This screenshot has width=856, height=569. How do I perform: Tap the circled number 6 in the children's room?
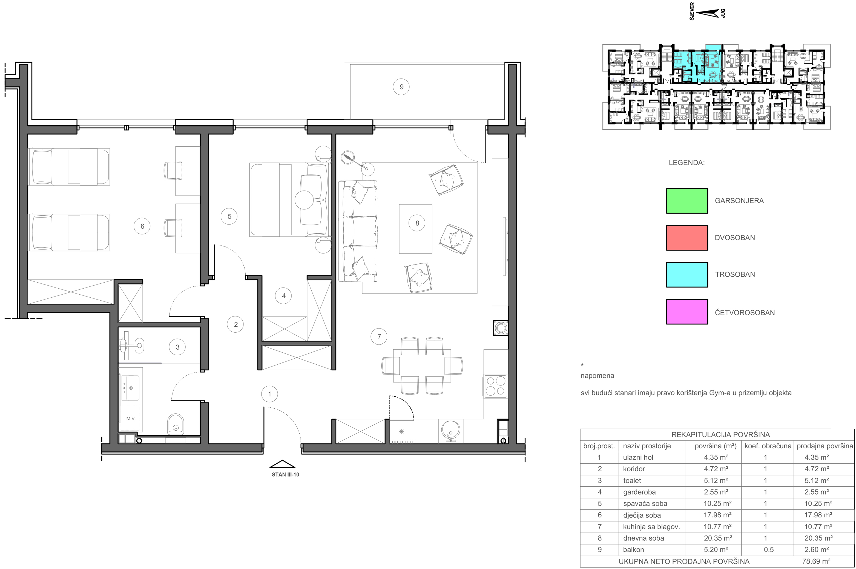pyautogui.click(x=142, y=226)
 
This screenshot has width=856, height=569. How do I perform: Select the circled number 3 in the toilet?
pyautogui.click(x=177, y=347)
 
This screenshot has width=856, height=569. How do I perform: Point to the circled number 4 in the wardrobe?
pyautogui.click(x=284, y=296)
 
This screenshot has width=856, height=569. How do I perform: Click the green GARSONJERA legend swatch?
pyautogui.click(x=687, y=201)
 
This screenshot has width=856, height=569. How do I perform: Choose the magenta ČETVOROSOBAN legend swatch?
pyautogui.click(x=687, y=312)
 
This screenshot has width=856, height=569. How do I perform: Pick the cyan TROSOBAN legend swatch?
pyautogui.click(x=687, y=275)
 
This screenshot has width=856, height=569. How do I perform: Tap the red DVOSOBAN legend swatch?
pyautogui.click(x=687, y=238)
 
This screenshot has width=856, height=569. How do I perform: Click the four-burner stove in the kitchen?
pyautogui.click(x=496, y=386)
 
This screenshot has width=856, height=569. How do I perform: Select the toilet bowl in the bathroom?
pyautogui.click(x=176, y=425)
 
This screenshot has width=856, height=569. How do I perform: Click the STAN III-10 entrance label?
pyautogui.click(x=285, y=475)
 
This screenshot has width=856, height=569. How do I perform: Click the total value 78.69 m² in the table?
pyautogui.click(x=816, y=561)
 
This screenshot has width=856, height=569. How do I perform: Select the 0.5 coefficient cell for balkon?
pyautogui.click(x=768, y=549)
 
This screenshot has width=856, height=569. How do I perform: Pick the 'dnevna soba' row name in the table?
pyautogui.click(x=644, y=538)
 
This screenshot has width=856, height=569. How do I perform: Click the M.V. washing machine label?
pyautogui.click(x=131, y=418)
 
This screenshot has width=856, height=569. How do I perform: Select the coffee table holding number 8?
pyautogui.click(x=415, y=229)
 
